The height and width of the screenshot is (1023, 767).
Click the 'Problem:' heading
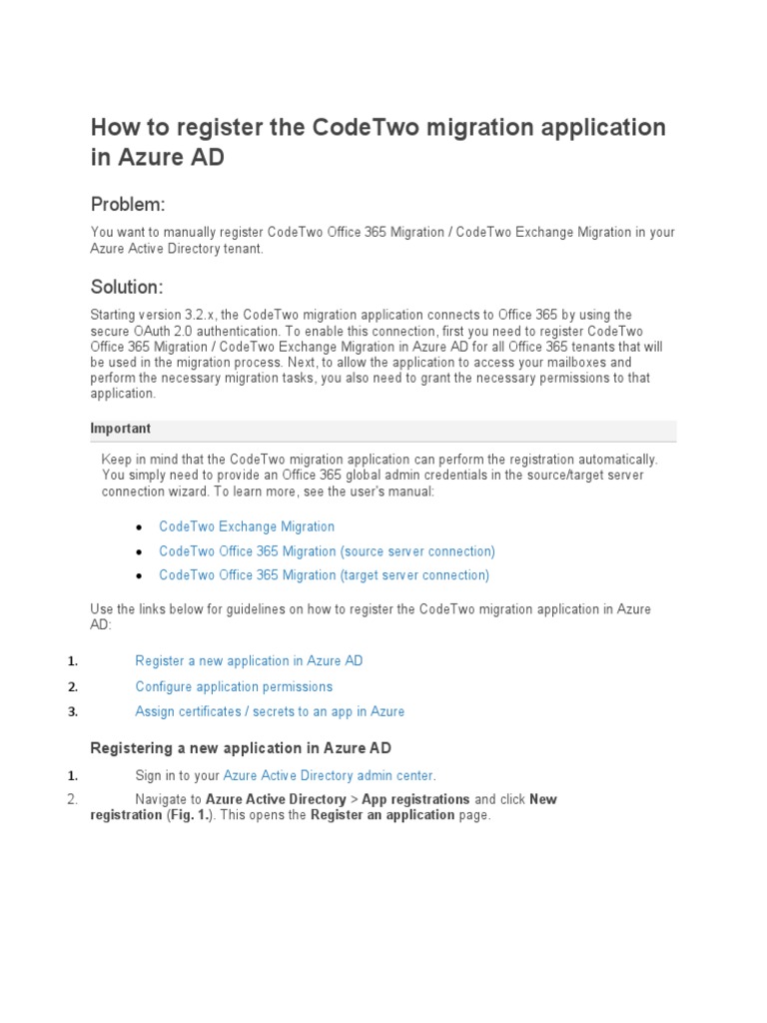tap(127, 205)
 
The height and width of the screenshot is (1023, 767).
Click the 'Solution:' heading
tap(127, 288)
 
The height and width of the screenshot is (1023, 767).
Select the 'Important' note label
tap(120, 429)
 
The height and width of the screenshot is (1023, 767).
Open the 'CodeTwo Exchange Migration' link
tap(247, 526)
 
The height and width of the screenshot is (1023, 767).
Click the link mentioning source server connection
tap(327, 551)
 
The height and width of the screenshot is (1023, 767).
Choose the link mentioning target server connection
tap(324, 575)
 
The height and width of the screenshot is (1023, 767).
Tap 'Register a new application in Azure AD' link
tap(249, 661)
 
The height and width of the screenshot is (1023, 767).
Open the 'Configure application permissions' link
tap(234, 687)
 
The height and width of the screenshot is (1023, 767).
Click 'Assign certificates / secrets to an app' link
tap(270, 712)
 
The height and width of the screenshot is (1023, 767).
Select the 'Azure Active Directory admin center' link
tap(328, 775)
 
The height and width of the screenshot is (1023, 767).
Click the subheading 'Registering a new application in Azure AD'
tap(241, 748)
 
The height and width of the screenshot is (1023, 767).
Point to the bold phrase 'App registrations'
tap(415, 799)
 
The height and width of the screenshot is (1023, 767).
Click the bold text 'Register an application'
tap(383, 815)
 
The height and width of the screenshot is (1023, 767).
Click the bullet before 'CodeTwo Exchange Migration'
tap(139, 527)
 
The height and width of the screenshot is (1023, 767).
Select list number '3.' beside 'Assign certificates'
tap(72, 712)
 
